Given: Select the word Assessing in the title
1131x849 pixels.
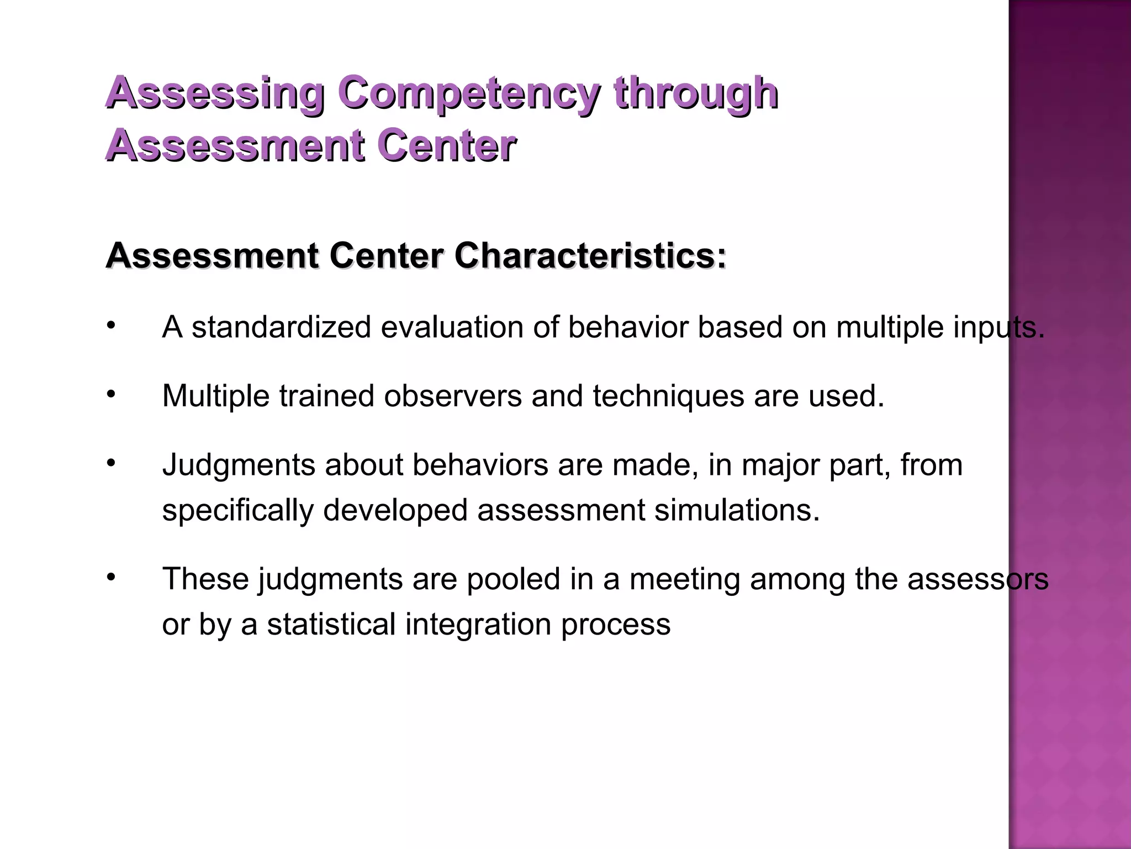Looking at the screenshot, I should [215, 93].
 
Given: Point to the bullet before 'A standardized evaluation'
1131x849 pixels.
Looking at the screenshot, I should [111, 326].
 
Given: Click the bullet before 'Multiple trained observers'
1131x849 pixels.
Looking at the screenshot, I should [111, 394].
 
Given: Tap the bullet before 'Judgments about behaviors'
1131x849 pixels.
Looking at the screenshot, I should [111, 463].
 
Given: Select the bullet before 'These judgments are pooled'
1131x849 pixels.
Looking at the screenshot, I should [111, 577].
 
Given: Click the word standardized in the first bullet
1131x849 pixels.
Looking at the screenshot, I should [281, 327].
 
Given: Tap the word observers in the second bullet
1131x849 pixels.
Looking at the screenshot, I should [453, 396].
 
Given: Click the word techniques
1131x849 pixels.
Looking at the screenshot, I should [668, 397].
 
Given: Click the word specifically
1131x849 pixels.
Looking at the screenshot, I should [237, 511].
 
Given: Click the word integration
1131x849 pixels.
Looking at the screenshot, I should [478, 625].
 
